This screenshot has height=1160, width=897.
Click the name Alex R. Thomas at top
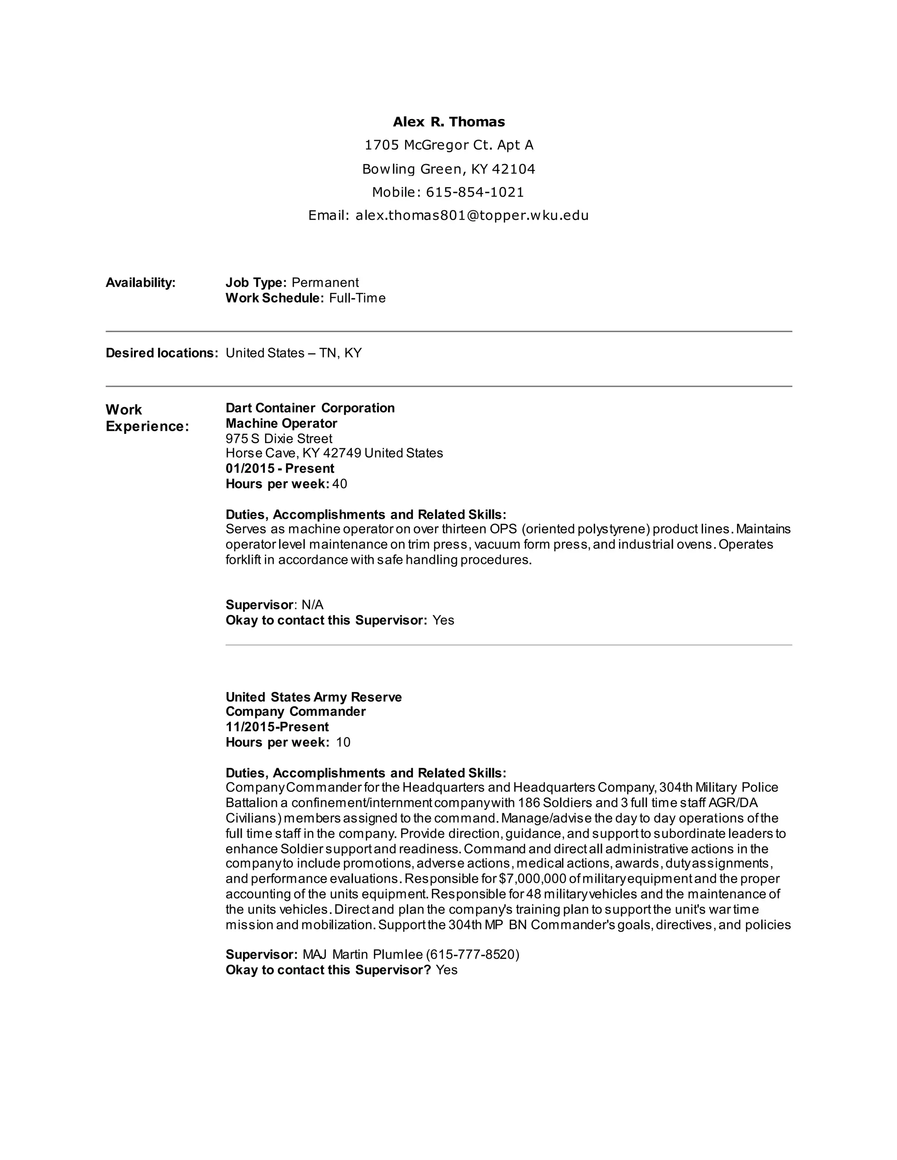coord(448,122)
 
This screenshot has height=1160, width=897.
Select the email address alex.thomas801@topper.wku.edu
coord(472,215)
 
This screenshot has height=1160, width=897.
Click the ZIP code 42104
coord(513,169)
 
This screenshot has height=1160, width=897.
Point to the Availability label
coord(140,283)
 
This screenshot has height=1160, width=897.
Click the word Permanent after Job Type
coord(325,283)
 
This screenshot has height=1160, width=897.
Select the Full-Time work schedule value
coord(357,298)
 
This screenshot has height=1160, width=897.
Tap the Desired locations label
coord(162,353)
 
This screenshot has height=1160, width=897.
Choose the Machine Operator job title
coord(281,423)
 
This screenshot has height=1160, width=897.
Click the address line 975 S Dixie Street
coord(279,439)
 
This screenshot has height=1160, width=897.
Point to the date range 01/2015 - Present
coord(280,468)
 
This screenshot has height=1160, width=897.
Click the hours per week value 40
coord(339,484)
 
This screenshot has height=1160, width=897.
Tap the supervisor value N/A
coord(312,605)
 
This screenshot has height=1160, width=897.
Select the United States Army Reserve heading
coord(314,697)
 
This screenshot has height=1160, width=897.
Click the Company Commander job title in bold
coord(296,712)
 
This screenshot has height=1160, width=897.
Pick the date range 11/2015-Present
coord(277,727)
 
